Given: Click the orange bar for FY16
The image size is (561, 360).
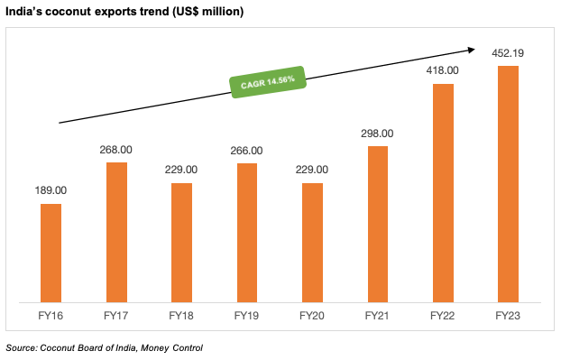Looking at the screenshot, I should [51, 254].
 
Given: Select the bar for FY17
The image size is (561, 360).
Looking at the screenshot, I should [116, 233].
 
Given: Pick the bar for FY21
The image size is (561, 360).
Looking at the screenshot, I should [377, 225].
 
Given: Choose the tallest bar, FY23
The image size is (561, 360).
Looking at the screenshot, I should [508, 184].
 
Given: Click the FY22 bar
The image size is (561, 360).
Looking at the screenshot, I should [443, 193].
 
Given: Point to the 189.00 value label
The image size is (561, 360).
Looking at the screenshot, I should [51, 191].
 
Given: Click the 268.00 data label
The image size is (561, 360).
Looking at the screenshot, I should [116, 150].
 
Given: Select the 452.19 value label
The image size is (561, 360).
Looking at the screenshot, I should [508, 53].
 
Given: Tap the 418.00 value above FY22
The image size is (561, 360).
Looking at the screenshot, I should [443, 71].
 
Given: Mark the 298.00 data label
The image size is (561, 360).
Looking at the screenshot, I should [377, 134].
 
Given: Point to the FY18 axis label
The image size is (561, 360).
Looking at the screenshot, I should [181, 317].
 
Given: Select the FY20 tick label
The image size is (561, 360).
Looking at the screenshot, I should [312, 317].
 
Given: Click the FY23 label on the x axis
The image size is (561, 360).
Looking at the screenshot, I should [508, 317].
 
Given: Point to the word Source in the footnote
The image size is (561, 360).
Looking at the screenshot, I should [22, 347].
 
